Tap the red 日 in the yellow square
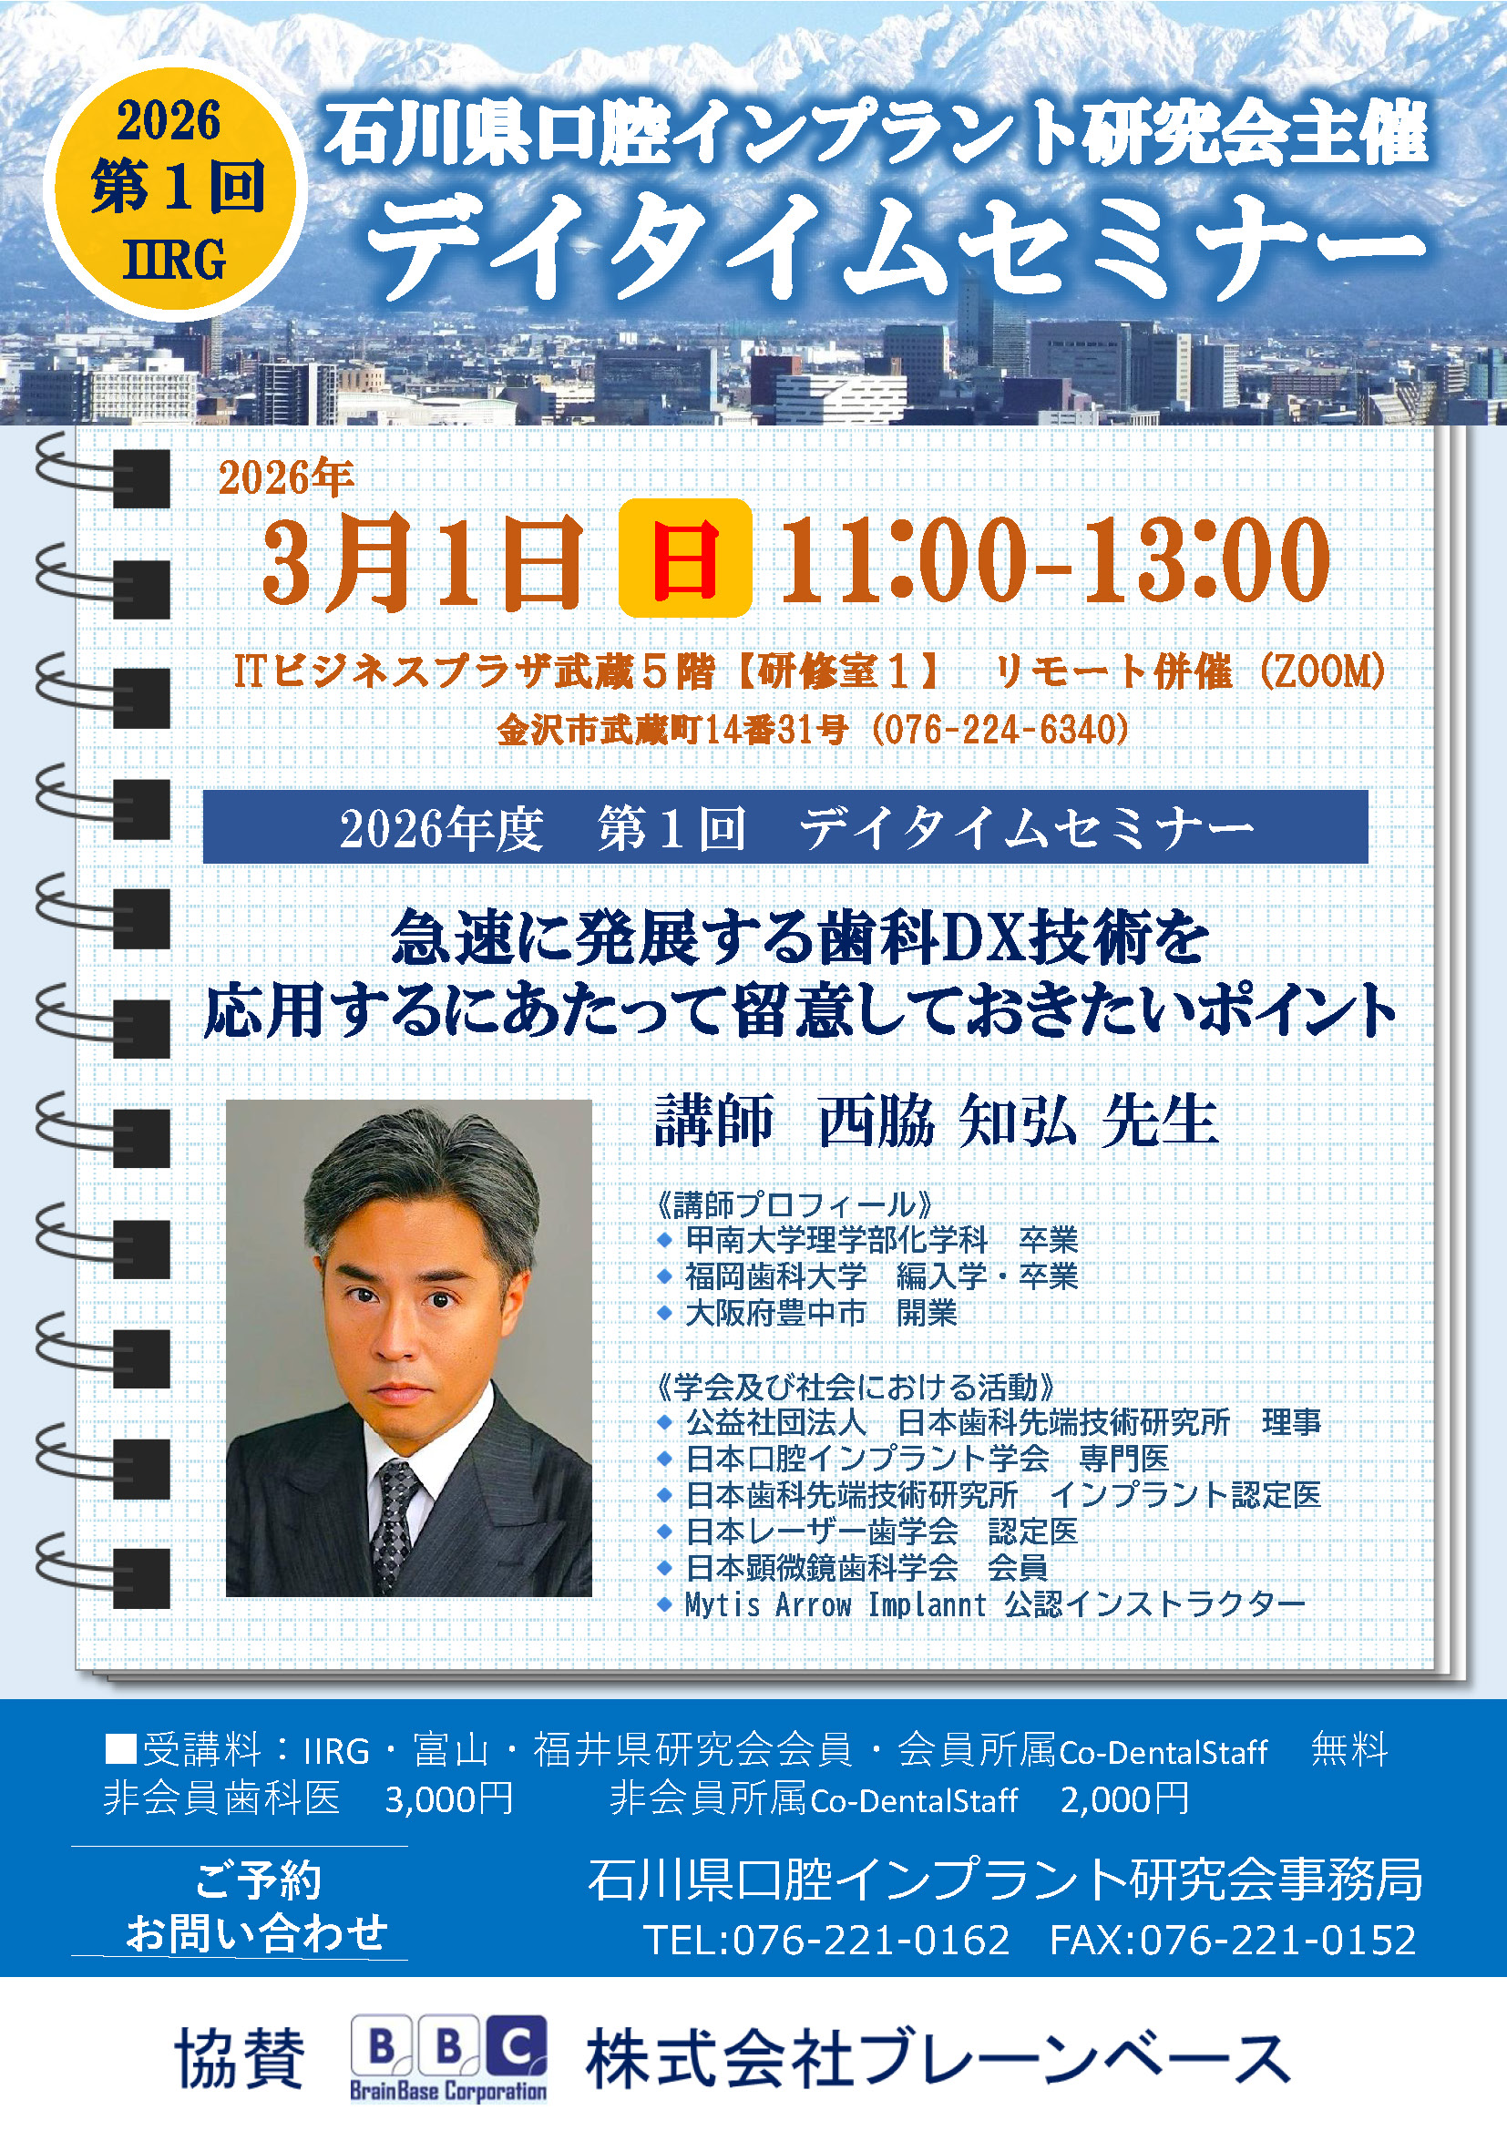pyautogui.click(x=685, y=558)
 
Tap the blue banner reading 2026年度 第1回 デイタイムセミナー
pyautogui.click(x=785, y=827)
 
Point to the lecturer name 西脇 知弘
pyautogui.click(x=947, y=1122)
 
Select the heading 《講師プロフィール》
pyautogui.click(x=795, y=1204)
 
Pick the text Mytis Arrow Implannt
pyautogui.click(x=836, y=1603)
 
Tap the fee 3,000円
pyautogui.click(x=449, y=1799)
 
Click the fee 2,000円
pyautogui.click(x=1124, y=1799)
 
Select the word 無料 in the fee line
pyautogui.click(x=1349, y=1750)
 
